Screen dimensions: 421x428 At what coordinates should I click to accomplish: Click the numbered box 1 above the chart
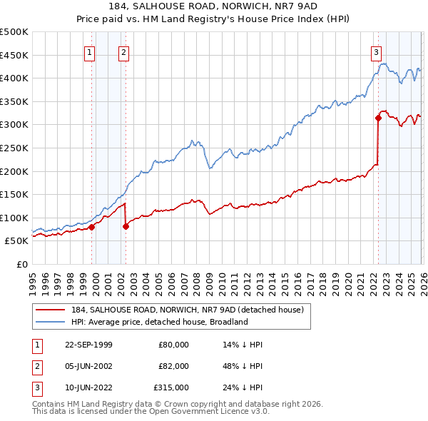[x=90, y=51]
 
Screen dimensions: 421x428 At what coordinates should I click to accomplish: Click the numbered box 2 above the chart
[x=123, y=51]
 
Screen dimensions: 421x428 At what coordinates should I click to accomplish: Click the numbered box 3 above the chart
[x=375, y=51]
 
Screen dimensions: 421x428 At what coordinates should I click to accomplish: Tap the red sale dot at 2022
[x=378, y=118]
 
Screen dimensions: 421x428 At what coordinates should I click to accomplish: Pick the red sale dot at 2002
[x=126, y=226]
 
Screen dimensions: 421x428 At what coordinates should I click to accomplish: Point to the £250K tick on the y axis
[x=14, y=148]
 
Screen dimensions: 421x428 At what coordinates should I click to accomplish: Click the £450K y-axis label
[x=14, y=55]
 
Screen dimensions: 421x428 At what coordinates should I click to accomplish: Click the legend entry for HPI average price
[x=159, y=322]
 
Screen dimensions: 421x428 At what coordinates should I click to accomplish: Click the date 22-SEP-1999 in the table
[x=88, y=345]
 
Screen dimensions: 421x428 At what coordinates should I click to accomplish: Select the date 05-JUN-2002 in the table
[x=88, y=365]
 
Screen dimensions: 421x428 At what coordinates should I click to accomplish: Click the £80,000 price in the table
[x=173, y=345]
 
